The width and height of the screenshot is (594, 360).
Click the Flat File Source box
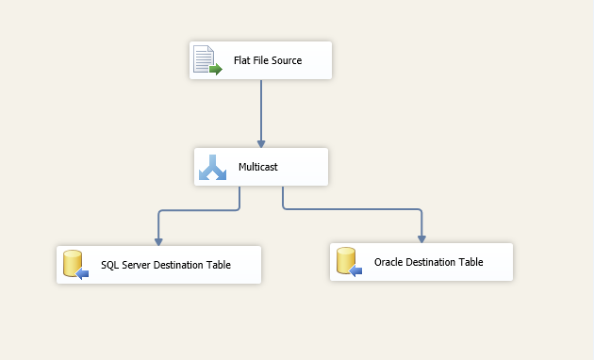click(x=260, y=60)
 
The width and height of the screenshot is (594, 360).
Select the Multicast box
click(x=261, y=167)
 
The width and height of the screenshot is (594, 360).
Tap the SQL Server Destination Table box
click(x=158, y=265)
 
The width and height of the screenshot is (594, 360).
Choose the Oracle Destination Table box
click(x=421, y=262)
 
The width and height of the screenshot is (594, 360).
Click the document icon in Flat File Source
click(x=206, y=60)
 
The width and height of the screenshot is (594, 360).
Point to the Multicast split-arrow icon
click(x=213, y=168)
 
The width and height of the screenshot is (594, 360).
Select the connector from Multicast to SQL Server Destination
click(x=198, y=210)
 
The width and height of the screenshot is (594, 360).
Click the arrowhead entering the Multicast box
click(x=260, y=141)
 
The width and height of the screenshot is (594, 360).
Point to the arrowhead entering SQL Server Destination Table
click(x=157, y=239)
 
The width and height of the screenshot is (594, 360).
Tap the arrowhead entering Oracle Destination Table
click(x=421, y=237)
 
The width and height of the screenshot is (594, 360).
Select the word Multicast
click(x=258, y=167)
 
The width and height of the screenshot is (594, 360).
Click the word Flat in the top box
click(x=242, y=60)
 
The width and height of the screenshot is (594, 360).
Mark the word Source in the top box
click(x=283, y=60)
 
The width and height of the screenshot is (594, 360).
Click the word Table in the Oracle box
click(x=470, y=262)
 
